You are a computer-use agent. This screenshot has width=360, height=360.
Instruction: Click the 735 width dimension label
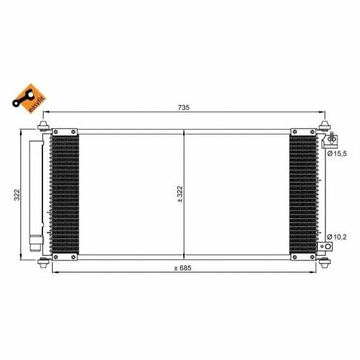(x=184, y=107)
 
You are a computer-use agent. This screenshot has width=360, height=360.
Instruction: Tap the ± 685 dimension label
(x=183, y=268)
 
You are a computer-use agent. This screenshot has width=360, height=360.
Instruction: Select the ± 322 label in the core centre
(x=180, y=194)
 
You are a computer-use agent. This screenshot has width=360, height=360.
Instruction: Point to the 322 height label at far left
(x=17, y=195)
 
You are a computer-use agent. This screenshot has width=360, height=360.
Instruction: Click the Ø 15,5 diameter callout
(x=337, y=153)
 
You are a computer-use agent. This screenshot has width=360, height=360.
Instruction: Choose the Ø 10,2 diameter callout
(x=337, y=237)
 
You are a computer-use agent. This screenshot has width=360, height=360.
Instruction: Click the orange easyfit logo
(x=30, y=99)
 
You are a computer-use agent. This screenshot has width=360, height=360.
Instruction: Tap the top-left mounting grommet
(x=43, y=126)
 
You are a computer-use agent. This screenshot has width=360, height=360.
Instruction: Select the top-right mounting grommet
(x=325, y=126)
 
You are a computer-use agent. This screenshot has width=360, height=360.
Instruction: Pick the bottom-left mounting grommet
(x=44, y=263)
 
